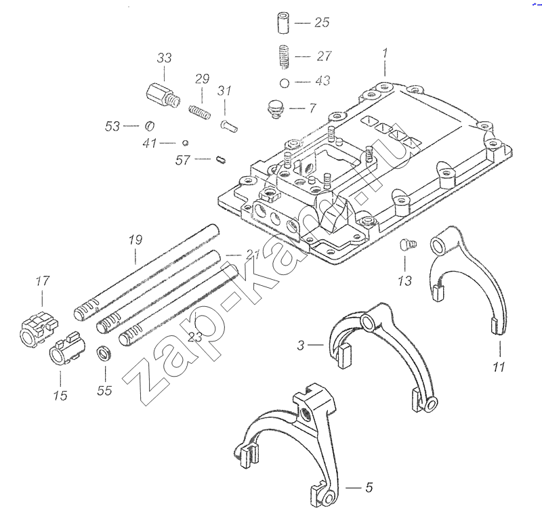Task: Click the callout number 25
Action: (321, 22)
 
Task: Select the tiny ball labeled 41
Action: (184, 142)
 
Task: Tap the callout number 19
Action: (135, 238)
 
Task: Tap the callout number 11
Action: (499, 367)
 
